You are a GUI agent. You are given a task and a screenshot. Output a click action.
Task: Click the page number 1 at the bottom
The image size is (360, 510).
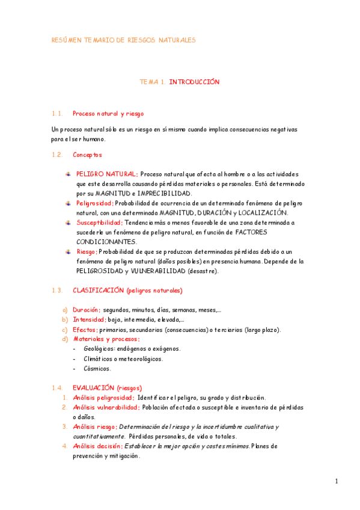(x=337, y=481)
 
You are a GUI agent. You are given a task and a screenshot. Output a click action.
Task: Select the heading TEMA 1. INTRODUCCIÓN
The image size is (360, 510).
(x=180, y=82)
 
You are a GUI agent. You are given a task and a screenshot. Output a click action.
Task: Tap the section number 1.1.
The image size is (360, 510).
(x=57, y=113)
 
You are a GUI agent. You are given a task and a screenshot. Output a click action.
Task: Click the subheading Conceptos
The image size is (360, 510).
(x=87, y=155)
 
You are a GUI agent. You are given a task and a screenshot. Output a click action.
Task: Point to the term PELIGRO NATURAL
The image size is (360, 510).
(x=106, y=174)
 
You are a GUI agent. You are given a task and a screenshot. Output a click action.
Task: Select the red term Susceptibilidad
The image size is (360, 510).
(x=99, y=223)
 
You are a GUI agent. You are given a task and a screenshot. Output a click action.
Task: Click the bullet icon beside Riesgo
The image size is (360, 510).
(x=69, y=251)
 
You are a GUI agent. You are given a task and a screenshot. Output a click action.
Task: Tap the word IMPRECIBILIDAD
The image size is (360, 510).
(x=164, y=194)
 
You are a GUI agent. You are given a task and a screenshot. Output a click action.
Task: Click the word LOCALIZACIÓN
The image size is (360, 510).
(x=263, y=213)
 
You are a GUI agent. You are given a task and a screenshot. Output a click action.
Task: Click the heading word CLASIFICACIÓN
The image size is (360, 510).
(x=99, y=290)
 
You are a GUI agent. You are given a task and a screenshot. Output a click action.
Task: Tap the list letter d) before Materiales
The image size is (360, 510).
(x=65, y=339)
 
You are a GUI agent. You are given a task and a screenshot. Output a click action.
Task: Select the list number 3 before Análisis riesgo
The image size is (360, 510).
(x=65, y=426)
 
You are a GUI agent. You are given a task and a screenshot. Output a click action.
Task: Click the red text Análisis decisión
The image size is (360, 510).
(x=97, y=446)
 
